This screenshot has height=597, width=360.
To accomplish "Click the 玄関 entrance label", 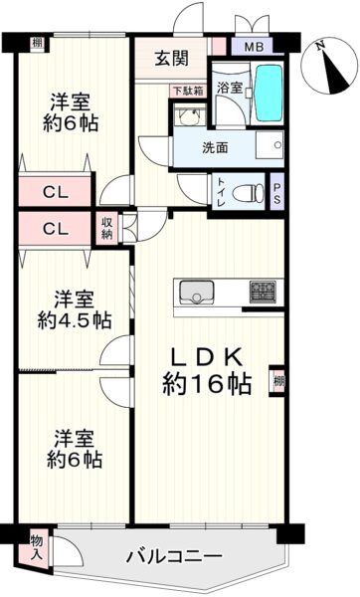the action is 171,59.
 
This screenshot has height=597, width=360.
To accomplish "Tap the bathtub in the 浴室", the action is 268,94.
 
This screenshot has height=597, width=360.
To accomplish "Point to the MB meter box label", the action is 254,48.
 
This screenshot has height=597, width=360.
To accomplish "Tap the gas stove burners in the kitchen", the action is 263,292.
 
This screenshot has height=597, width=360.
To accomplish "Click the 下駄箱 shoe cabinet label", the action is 188,92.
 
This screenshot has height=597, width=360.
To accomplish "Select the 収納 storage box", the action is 107,229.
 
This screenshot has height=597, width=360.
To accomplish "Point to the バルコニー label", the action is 174,557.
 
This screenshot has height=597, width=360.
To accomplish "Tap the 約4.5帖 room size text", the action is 75,320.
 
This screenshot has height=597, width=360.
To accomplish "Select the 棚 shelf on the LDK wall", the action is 277,381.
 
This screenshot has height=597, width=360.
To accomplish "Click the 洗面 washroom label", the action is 215,148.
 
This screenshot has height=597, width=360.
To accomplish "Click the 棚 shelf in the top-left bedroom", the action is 37,43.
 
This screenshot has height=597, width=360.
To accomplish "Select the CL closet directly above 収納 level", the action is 55,191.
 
